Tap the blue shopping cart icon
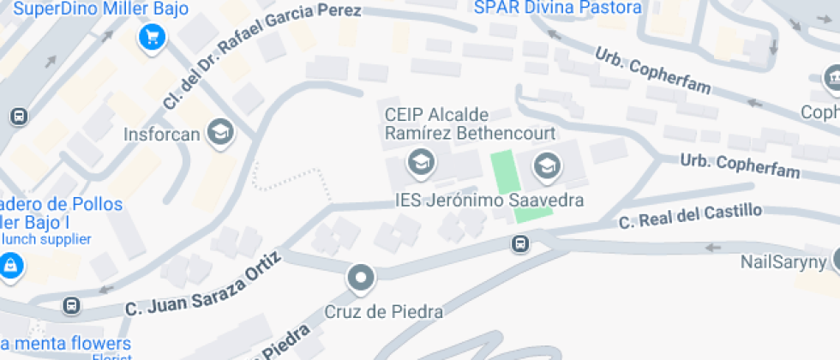pyautogui.click(x=153, y=37)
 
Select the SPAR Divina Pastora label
pyautogui.click(x=558, y=8)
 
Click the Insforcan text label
pyautogui.click(x=161, y=135)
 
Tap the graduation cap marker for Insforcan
pyautogui.click(x=221, y=132)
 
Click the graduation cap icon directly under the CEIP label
pyautogui.click(x=420, y=160)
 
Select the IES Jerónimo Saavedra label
pyautogui.click(x=489, y=201)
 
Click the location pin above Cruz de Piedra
pyautogui.click(x=361, y=278)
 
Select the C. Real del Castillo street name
pyautogui.click(x=690, y=216)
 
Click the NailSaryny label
pyautogui.click(x=782, y=262)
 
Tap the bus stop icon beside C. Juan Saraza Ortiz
pyautogui.click(x=72, y=304)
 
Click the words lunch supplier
pyautogui.click(x=47, y=239)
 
